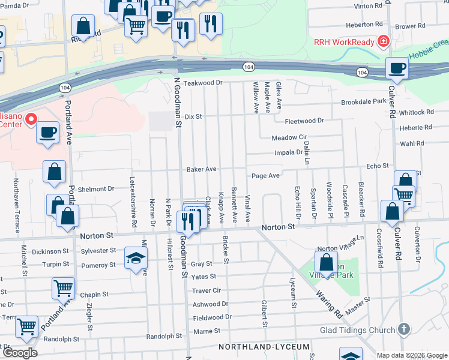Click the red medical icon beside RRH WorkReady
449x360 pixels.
tap(382, 41)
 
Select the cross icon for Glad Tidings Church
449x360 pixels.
tap(405, 329)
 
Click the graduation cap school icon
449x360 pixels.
tap(136, 259)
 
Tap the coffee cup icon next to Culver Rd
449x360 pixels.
tap(396, 68)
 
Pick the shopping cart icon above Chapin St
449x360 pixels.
tap(63, 287)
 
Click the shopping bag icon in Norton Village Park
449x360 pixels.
tap(325, 262)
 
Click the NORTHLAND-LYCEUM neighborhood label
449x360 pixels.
tap(264, 347)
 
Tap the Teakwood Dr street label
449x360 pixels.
tap(203, 83)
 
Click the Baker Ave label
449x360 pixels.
tap(201, 169)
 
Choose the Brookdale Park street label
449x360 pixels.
tap(364, 102)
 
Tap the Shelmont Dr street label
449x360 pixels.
tap(95, 188)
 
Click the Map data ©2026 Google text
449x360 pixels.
tap(411, 355)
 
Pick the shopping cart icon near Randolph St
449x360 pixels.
tap(27, 326)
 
